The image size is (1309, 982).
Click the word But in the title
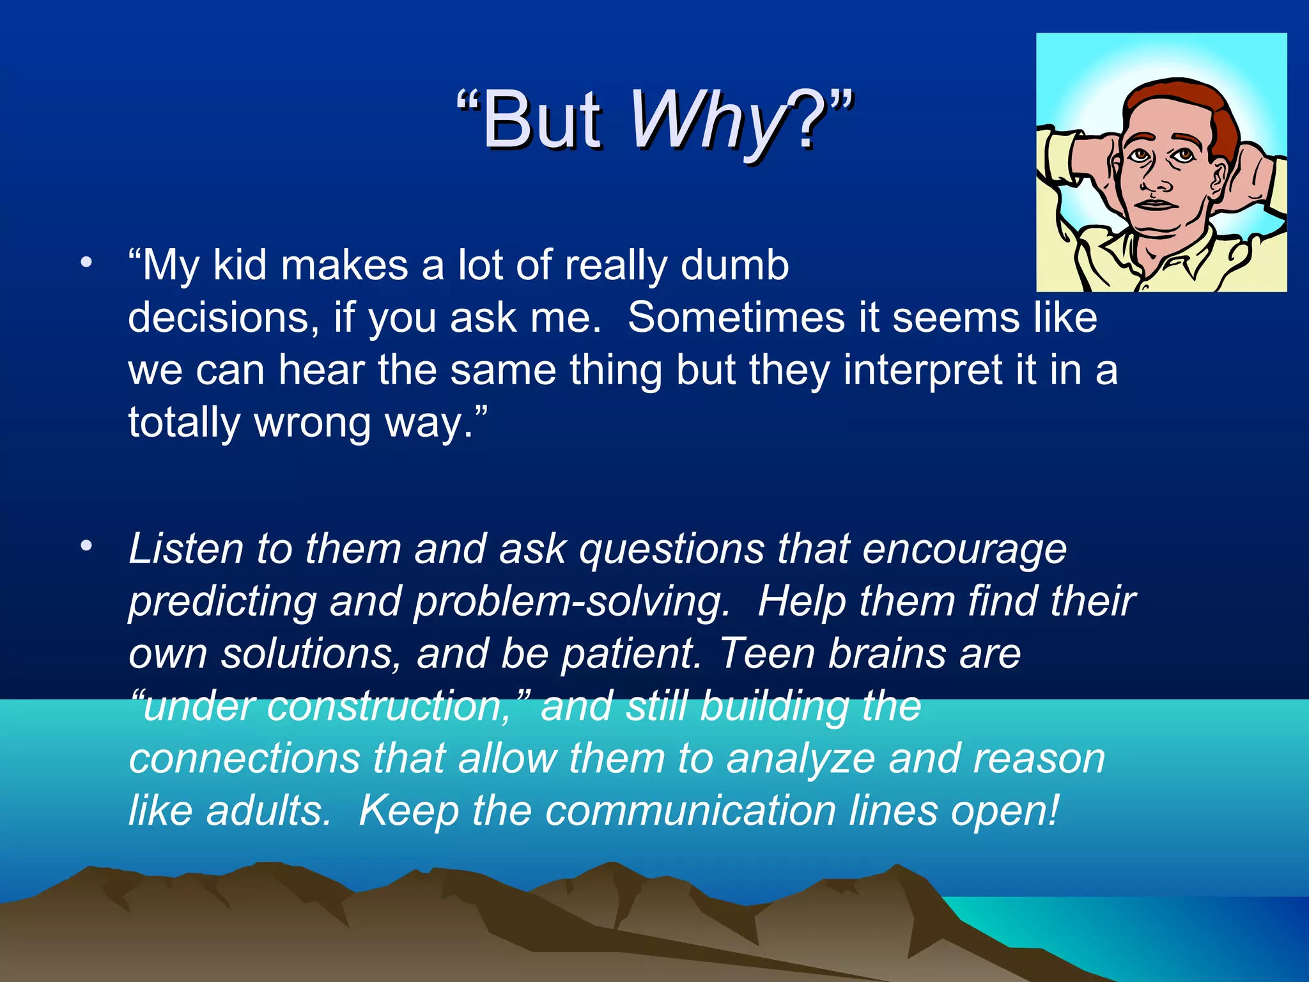click(541, 120)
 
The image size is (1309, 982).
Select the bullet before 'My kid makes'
click(86, 263)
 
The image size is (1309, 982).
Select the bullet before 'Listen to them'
click(86, 546)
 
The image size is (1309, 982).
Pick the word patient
click(630, 654)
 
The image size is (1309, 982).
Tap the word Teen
click(766, 654)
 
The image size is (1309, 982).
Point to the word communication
click(690, 811)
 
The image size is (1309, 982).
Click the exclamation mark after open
click(1053, 810)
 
